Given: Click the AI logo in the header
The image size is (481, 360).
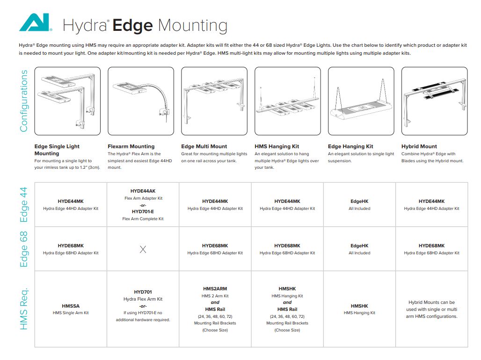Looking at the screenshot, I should click(x=35, y=23).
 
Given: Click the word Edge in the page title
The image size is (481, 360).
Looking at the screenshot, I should click(x=132, y=25).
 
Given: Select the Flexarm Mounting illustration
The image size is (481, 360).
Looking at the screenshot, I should click(x=141, y=101).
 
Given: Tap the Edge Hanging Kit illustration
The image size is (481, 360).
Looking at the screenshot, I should click(x=361, y=101).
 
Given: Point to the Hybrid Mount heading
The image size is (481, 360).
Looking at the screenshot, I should click(x=419, y=146).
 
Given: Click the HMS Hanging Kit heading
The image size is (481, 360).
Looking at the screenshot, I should click(x=277, y=146).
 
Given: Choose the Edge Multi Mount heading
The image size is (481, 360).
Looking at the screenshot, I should click(x=204, y=146).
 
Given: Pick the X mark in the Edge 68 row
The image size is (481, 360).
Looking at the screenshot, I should click(x=143, y=250).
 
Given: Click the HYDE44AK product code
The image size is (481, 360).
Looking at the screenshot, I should click(x=143, y=191).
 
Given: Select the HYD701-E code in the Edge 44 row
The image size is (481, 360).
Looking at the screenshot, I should click(x=143, y=211).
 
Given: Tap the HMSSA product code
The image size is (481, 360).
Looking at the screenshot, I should click(x=71, y=306).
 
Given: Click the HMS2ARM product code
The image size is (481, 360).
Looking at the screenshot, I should click(x=215, y=289).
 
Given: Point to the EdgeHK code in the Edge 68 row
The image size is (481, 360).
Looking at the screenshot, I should click(x=359, y=246).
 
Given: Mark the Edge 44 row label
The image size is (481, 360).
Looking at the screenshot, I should click(x=24, y=205).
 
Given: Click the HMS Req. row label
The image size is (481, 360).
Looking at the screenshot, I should click(x=24, y=309).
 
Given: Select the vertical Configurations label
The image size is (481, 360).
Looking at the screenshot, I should click(x=24, y=101).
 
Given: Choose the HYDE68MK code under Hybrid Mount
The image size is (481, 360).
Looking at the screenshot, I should click(x=431, y=246).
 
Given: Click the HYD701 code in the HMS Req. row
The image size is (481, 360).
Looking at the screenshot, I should click(x=143, y=292).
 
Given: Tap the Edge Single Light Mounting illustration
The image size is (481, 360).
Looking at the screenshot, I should click(x=67, y=101).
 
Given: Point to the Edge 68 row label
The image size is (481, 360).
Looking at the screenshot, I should click(x=24, y=249).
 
